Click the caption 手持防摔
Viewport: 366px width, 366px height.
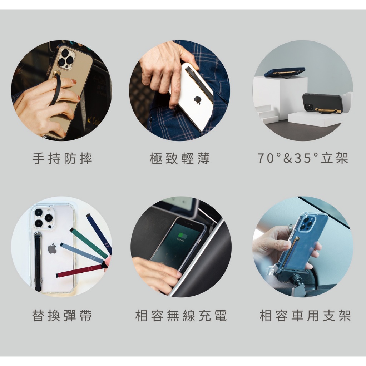click(x=62, y=158)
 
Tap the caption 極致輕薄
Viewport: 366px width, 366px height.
click(x=180, y=158)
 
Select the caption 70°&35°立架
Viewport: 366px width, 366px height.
click(x=303, y=158)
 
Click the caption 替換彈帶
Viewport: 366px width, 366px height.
click(x=62, y=315)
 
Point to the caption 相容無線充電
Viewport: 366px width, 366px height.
click(x=181, y=315)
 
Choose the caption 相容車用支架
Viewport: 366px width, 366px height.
click(x=305, y=315)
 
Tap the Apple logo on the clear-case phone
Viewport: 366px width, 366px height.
click(x=52, y=248)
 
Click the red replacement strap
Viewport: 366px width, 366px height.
click(x=79, y=271)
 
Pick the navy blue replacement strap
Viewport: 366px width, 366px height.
click(x=99, y=234)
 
